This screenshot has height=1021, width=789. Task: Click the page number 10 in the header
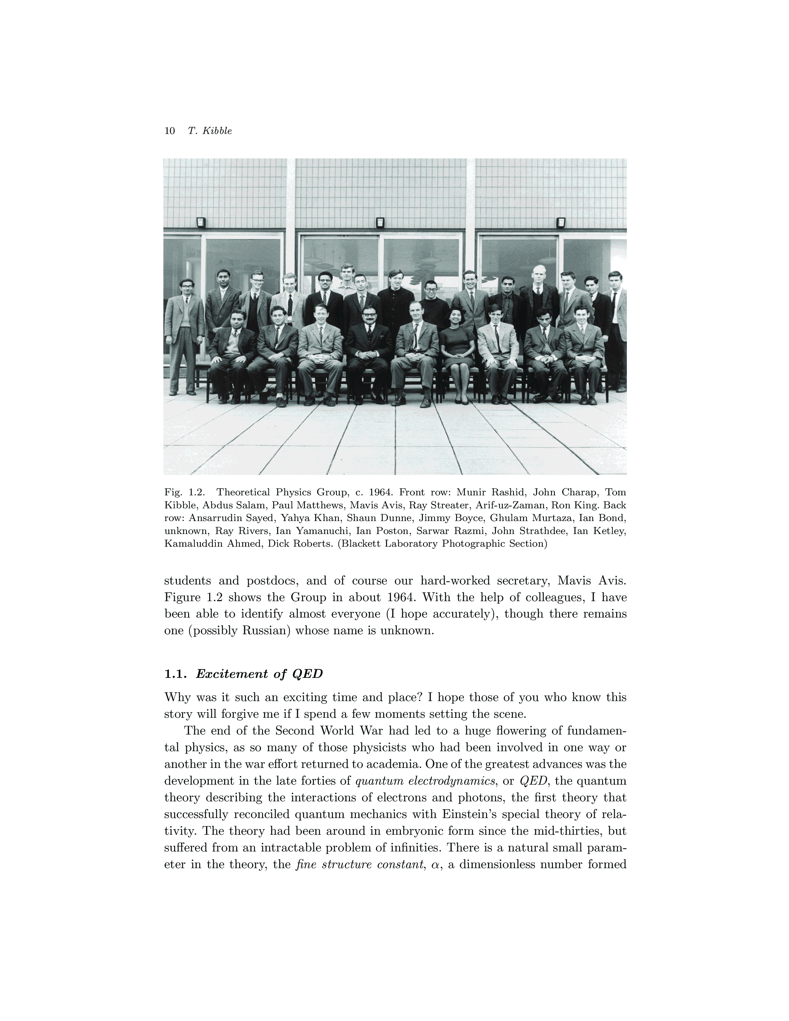169,131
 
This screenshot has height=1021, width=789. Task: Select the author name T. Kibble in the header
209,131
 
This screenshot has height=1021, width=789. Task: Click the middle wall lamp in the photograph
380,222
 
